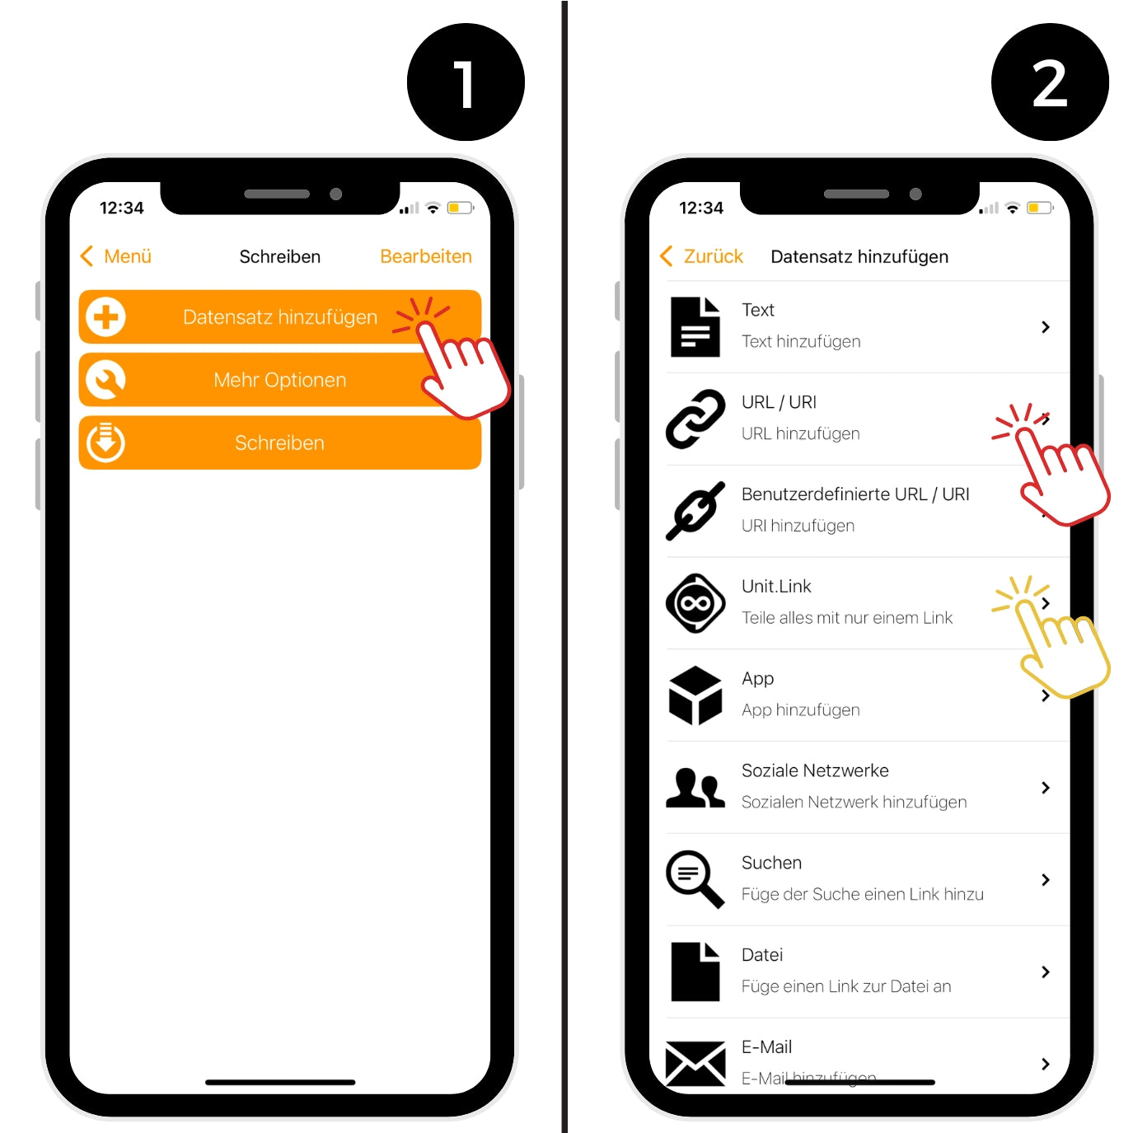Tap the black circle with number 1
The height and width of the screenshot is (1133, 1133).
click(x=466, y=82)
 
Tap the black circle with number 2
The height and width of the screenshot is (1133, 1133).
click(x=1050, y=82)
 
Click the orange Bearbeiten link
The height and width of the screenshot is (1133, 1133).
click(x=426, y=256)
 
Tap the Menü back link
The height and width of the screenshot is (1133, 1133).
click(x=116, y=256)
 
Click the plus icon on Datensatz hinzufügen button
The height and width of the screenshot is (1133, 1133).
click(x=105, y=317)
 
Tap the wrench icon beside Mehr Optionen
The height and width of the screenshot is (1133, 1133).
click(x=105, y=380)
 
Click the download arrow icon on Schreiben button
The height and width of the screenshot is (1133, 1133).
click(x=105, y=442)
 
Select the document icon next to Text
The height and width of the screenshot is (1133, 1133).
click(x=695, y=327)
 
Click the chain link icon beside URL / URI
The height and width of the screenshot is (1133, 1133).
click(x=695, y=419)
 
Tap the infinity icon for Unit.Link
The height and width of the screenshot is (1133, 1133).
click(x=695, y=603)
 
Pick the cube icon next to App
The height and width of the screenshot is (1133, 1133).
click(x=695, y=695)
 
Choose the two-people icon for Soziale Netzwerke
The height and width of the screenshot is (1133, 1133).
click(x=695, y=788)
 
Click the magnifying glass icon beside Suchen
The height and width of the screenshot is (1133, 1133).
click(x=695, y=879)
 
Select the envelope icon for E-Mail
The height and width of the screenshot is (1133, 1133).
click(x=695, y=1063)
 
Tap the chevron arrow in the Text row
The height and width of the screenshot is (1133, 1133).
click(x=1046, y=327)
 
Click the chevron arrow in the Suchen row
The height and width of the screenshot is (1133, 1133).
click(x=1046, y=879)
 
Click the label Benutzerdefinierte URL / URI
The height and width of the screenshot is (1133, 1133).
click(x=855, y=494)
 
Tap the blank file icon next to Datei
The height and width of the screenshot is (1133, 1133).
click(x=695, y=971)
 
